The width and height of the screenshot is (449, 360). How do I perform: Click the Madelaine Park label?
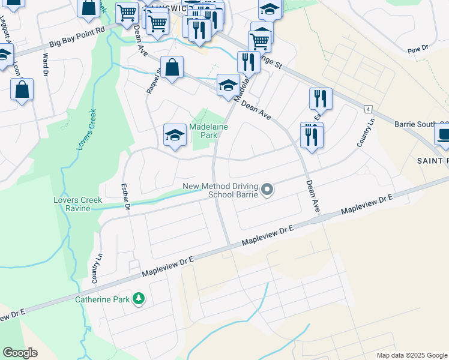click(x=203, y=131)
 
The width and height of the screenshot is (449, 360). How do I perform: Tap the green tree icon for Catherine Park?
click(x=139, y=298)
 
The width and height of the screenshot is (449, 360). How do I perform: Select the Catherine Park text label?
click(x=102, y=299)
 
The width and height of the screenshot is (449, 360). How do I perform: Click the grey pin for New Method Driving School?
click(x=268, y=191)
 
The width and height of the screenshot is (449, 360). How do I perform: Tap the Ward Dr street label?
click(x=46, y=64)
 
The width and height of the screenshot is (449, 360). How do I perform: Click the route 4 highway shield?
click(x=367, y=108)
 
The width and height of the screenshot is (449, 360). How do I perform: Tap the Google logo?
click(x=20, y=353)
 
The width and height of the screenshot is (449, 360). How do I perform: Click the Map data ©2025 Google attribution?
click(x=411, y=355)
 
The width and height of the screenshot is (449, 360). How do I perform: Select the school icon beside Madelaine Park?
click(x=174, y=134)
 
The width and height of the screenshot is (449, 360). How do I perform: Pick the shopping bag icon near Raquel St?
click(x=172, y=68)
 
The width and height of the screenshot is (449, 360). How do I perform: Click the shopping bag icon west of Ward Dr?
click(x=22, y=90)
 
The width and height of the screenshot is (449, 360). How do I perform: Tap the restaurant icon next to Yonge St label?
click(x=248, y=62)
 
